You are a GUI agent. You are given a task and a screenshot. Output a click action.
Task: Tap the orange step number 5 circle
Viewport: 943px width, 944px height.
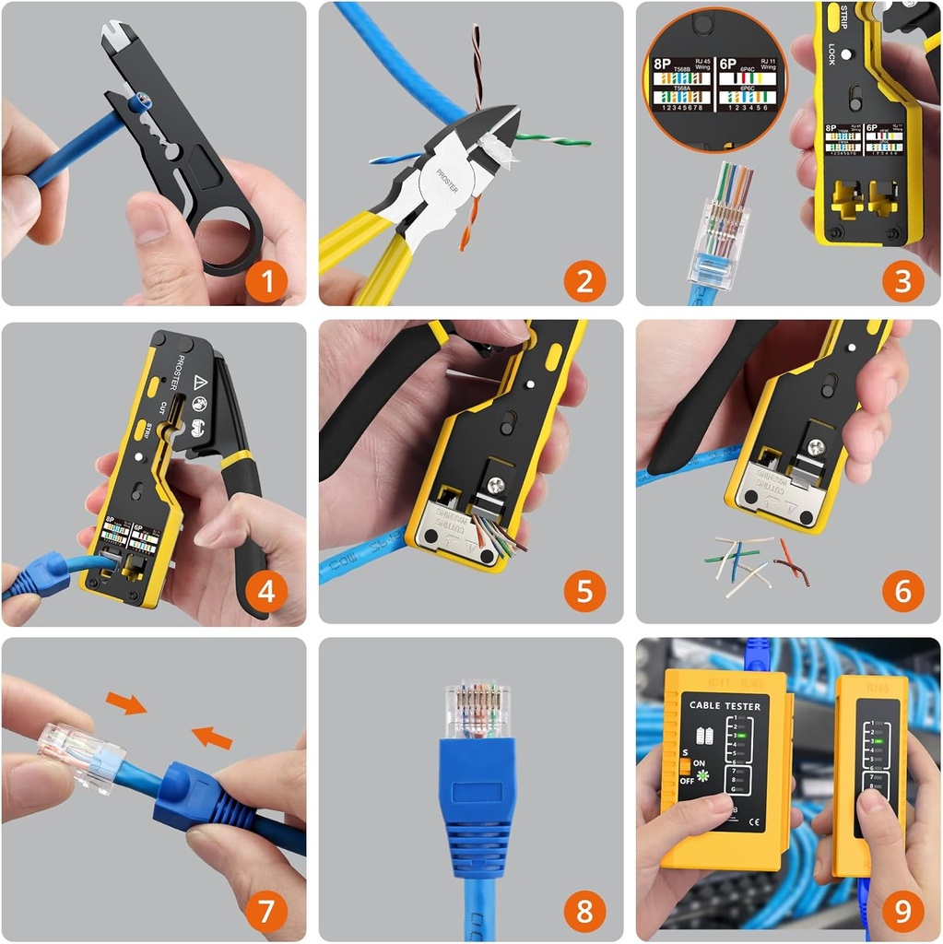click(x=584, y=590)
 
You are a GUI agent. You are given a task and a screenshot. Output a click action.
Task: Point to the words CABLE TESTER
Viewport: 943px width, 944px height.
click(x=725, y=707)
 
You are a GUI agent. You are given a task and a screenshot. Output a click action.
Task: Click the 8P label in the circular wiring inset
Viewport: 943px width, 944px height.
click(x=661, y=64)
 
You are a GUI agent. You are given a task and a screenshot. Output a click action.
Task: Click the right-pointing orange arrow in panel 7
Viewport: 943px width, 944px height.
click(x=126, y=703)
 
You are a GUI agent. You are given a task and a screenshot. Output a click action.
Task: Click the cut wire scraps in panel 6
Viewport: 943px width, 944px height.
click(x=754, y=562)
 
